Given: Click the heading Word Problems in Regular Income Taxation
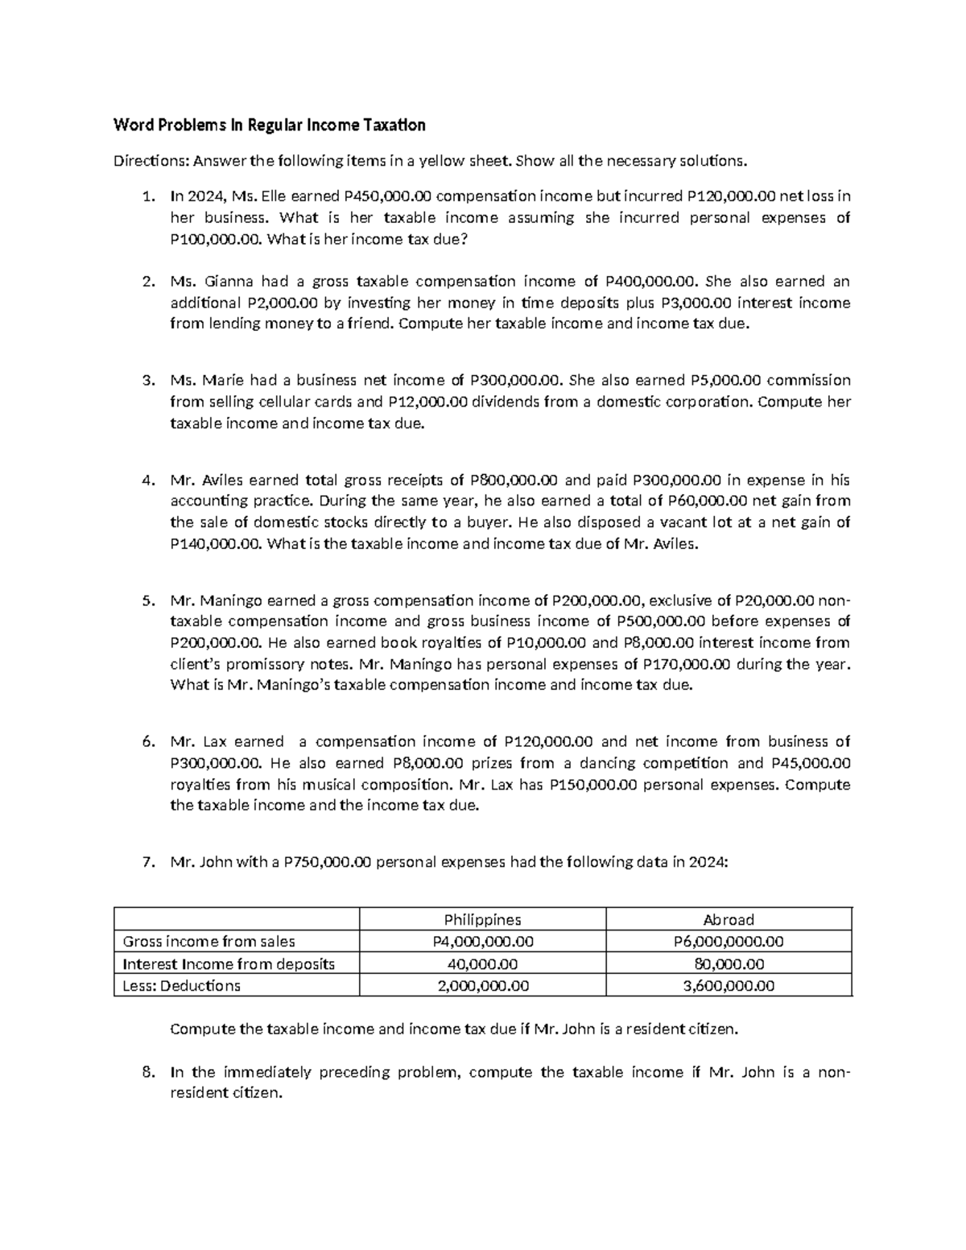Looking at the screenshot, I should (x=269, y=125).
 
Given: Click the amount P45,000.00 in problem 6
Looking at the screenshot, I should (x=810, y=763).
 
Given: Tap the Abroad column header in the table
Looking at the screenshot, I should (x=729, y=919).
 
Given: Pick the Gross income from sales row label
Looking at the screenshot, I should (x=208, y=942).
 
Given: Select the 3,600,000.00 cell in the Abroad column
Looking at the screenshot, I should (x=729, y=985).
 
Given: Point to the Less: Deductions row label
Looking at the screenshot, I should (x=181, y=985).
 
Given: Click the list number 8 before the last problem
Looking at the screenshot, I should (x=146, y=1072).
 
